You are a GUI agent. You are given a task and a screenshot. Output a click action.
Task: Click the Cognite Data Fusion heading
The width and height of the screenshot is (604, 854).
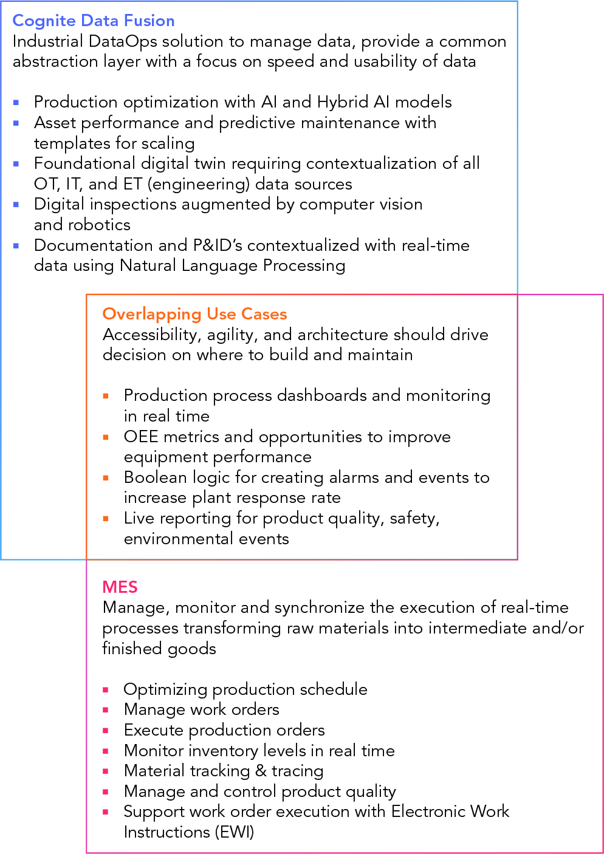94,21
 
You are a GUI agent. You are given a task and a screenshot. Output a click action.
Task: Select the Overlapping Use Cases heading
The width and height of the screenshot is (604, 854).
194,314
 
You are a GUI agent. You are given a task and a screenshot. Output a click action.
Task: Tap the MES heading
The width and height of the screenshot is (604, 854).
120,587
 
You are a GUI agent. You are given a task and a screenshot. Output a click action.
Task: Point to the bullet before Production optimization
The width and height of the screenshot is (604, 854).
16,103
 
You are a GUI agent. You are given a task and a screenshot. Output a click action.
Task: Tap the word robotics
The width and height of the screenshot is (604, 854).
100,225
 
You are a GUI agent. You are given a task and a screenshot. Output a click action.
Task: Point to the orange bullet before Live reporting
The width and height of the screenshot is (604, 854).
106,519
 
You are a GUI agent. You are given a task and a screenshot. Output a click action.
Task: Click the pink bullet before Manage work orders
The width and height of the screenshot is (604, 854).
106,710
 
